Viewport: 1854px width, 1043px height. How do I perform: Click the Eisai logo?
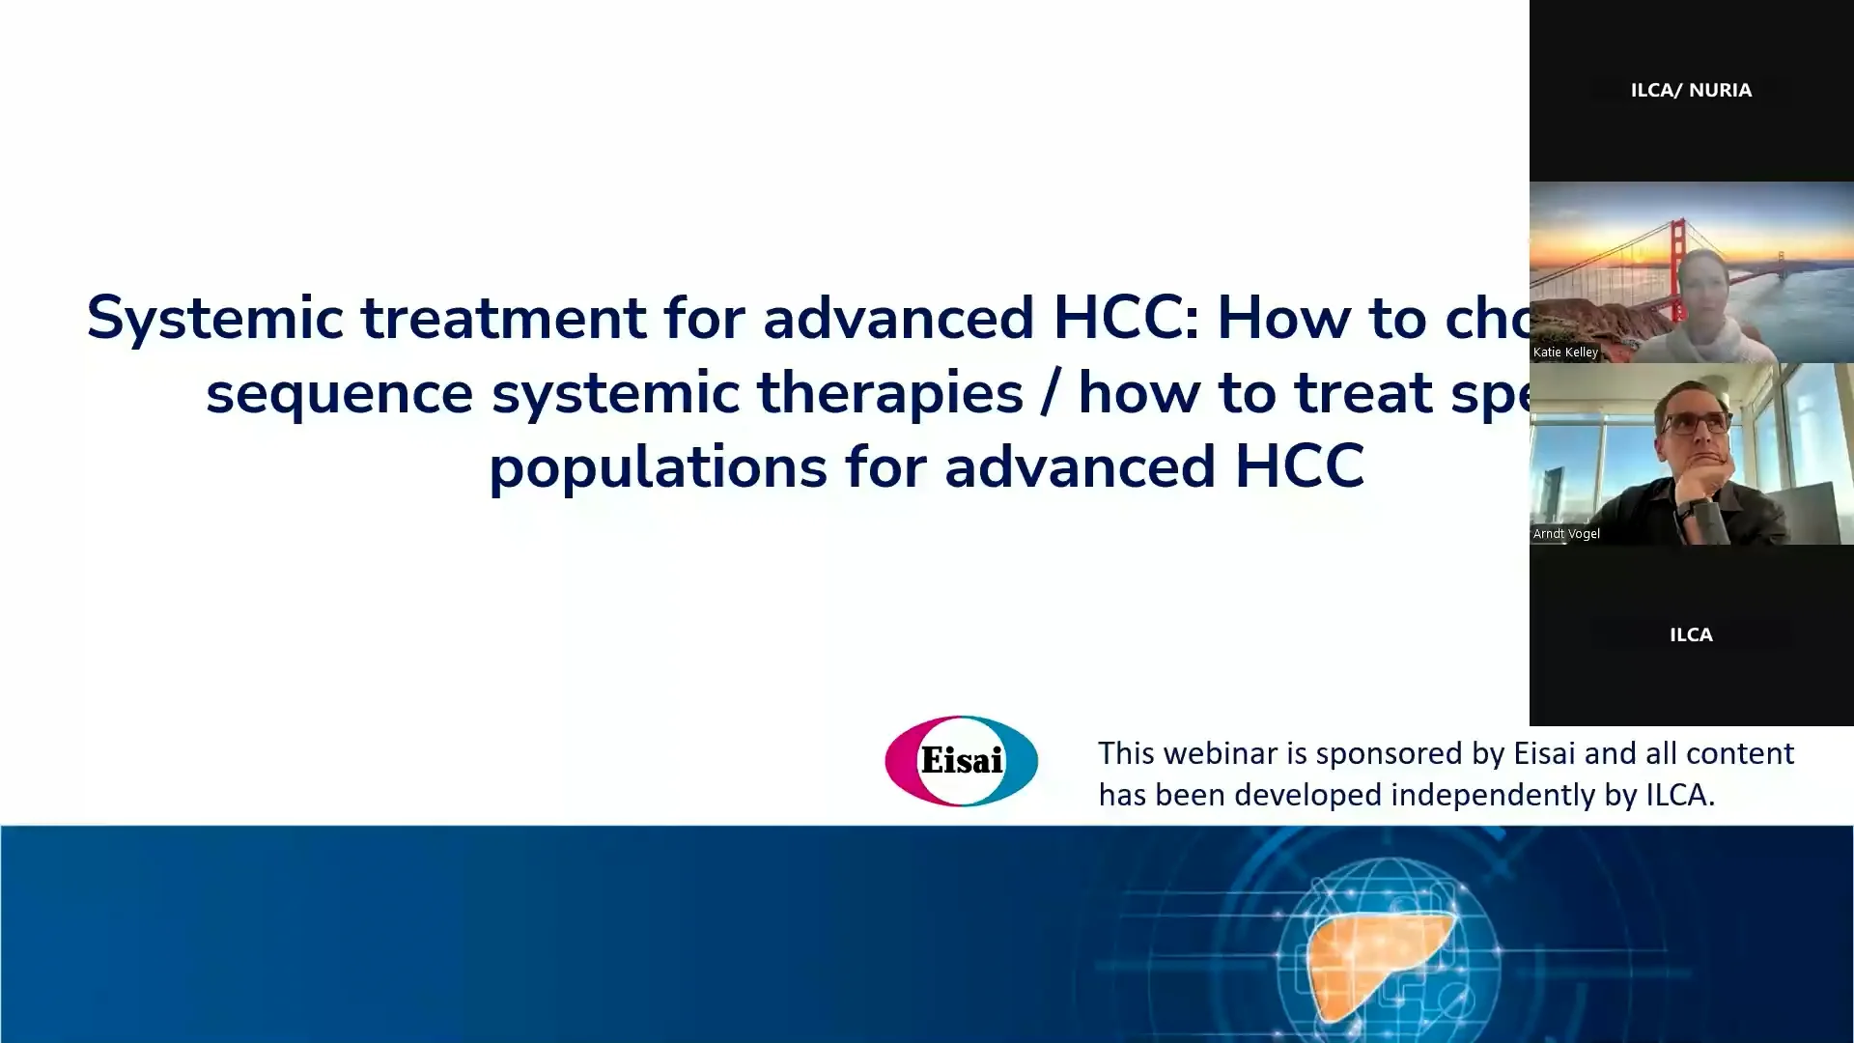pos(961,761)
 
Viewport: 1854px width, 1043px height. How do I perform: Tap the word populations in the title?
pos(658,467)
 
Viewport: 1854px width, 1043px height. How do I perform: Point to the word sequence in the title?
pos(339,394)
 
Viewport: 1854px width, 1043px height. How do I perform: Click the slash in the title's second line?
pos(1051,394)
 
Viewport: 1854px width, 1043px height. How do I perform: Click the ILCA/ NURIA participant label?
pos(1691,90)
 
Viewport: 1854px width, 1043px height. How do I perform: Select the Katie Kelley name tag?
pos(1565,352)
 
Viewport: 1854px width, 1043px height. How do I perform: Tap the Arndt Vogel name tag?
pos(1566,534)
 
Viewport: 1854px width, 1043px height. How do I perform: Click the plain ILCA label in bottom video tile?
pos(1691,634)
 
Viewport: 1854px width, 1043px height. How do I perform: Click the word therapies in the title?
pos(889,394)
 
